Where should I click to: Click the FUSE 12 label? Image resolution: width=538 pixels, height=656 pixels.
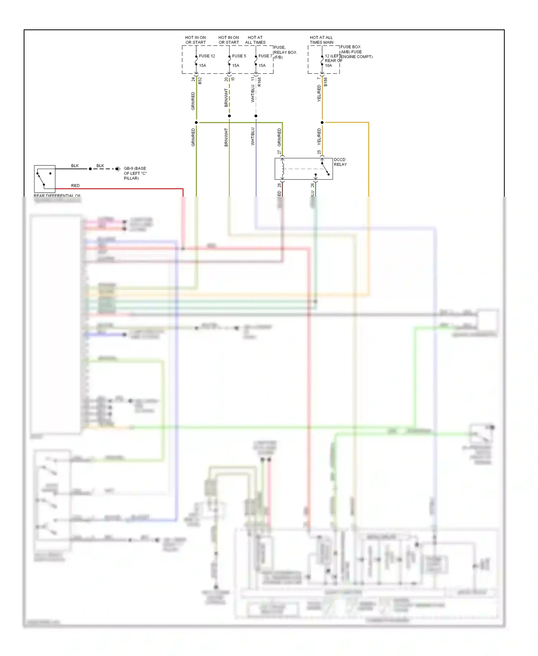207,56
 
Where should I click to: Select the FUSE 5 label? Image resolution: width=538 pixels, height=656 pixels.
239,56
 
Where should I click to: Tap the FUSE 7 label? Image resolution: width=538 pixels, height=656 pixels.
265,56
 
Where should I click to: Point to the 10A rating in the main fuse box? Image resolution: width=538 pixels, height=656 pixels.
328,66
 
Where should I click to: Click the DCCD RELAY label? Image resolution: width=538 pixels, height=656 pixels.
340,162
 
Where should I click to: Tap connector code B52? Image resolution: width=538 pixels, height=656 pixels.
200,80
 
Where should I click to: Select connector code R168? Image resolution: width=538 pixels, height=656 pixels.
259,82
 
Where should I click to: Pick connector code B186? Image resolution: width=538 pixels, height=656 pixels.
326,82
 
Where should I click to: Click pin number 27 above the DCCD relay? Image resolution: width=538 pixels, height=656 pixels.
279,152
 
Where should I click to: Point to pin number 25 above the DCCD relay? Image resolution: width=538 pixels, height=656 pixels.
319,152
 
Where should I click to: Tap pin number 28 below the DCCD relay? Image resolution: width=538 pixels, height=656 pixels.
279,185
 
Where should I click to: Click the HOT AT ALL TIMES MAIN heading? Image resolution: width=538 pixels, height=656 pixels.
321,40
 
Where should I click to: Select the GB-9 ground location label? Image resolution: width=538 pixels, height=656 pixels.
135,173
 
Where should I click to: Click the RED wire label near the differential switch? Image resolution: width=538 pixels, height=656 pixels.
75,186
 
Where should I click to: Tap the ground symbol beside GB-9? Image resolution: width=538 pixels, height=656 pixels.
118,169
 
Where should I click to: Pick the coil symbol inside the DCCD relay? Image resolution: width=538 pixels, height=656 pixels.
283,169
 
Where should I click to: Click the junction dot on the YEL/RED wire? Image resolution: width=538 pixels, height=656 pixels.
322,123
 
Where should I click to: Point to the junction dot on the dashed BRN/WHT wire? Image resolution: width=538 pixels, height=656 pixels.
230,116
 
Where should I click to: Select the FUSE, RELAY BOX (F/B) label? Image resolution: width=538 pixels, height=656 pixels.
285,52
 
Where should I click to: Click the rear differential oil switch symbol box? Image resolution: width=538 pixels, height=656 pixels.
45,179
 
